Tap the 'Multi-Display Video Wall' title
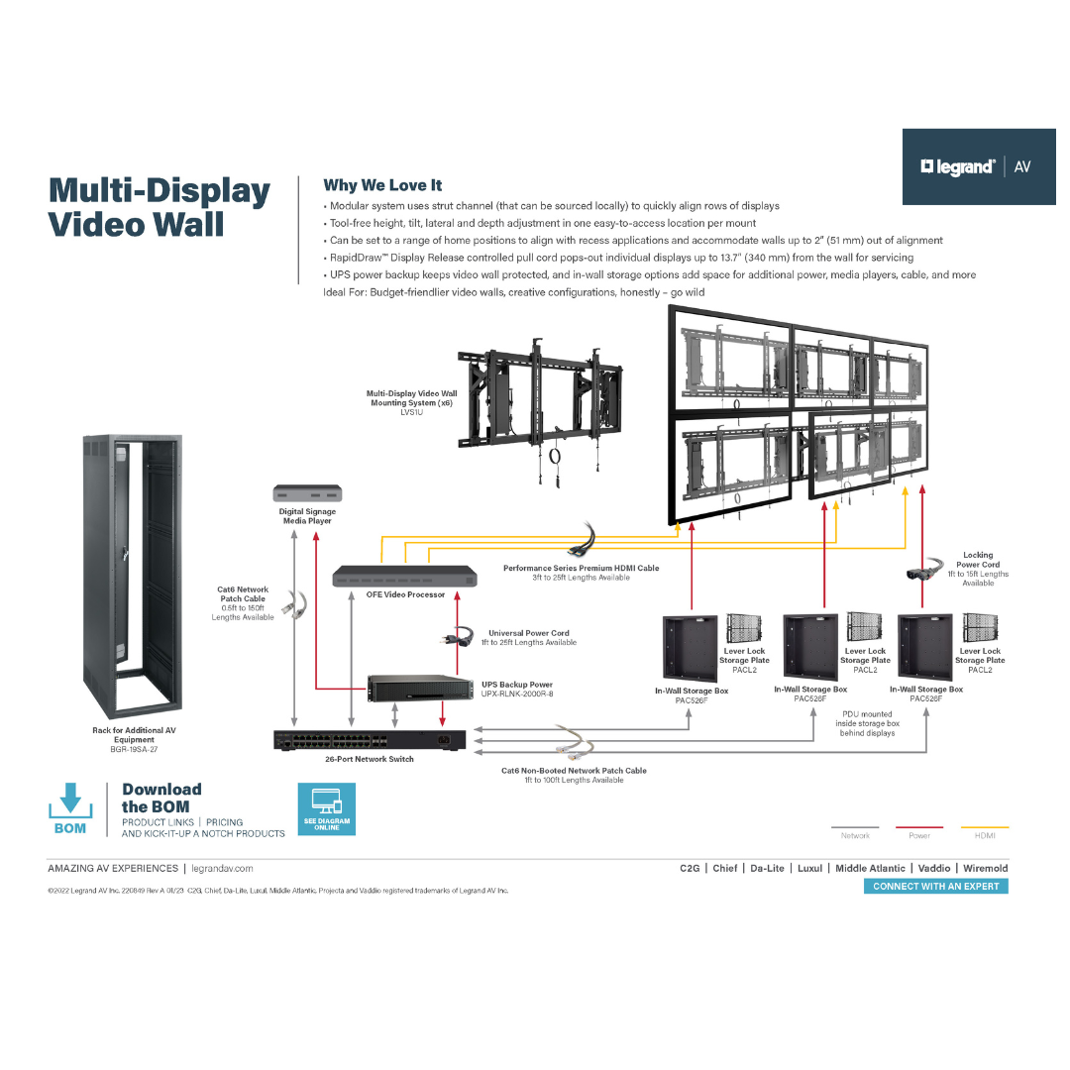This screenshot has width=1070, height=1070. [160, 207]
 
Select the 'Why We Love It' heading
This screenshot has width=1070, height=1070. [382, 185]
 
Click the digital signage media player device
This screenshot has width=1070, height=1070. [307, 493]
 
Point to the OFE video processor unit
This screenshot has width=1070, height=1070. [405, 576]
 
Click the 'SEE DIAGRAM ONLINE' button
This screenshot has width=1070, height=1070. [327, 808]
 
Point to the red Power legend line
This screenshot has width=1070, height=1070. [918, 827]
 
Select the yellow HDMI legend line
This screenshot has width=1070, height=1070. [985, 827]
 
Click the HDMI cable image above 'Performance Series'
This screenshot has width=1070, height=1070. [582, 541]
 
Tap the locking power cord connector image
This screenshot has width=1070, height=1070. [921, 572]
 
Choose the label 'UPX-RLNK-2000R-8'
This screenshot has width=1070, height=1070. [517, 695]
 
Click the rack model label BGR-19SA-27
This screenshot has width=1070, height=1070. [134, 750]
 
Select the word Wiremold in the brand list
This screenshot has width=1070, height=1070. [985, 869]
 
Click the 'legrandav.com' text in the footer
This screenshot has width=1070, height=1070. [222, 869]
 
